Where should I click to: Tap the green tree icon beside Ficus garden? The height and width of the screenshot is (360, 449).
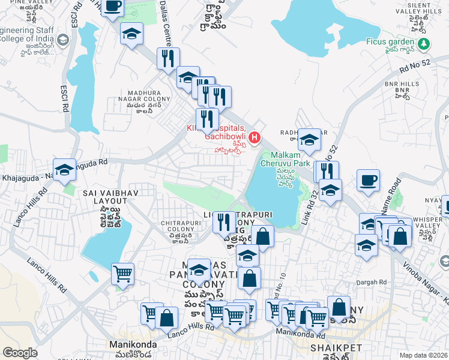coord(424,43)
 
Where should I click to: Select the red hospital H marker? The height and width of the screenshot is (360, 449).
coord(255,139)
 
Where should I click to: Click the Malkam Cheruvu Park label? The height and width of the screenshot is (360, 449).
coord(285,163)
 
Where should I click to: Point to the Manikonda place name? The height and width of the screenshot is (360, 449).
coord(133,344)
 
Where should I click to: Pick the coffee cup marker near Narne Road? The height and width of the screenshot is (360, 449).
coord(368,179)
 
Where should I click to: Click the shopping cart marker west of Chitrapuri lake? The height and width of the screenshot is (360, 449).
coord(122,274)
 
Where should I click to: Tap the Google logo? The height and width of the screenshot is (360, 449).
coord(20,353)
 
